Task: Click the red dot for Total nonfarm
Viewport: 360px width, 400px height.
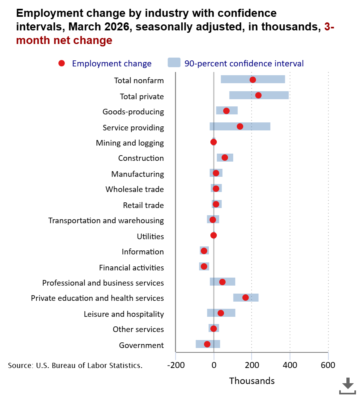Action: (x=252, y=80)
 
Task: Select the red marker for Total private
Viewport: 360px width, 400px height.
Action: (x=258, y=95)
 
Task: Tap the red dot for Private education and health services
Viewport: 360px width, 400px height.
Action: (x=245, y=298)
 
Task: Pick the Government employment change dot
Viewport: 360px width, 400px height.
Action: (x=207, y=344)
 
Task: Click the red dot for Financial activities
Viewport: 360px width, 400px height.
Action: (x=204, y=266)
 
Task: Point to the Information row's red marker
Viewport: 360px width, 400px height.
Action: (x=204, y=251)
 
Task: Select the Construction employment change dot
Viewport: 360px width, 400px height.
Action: (x=225, y=158)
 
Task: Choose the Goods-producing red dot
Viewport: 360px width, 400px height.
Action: (x=226, y=111)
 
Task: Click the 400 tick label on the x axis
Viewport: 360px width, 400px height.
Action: (x=290, y=365)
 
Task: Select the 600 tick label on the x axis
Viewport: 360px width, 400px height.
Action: (x=328, y=365)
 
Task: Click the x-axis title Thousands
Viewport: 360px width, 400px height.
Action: (x=252, y=381)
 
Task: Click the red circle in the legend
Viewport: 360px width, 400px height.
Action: (x=62, y=63)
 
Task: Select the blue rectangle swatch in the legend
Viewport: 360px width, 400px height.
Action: (x=174, y=63)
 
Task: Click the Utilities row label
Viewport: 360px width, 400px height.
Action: (x=150, y=236)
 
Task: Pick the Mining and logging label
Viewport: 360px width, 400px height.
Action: (x=130, y=143)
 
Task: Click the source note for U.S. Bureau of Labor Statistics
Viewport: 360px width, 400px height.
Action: (x=75, y=365)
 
